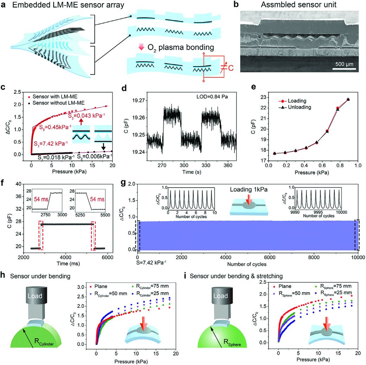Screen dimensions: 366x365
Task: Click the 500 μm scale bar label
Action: coord(344,64)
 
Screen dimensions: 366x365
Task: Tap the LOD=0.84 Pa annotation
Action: coord(212,96)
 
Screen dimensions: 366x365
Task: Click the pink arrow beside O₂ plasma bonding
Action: coord(141,47)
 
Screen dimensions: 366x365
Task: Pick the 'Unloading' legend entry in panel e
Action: coord(295,107)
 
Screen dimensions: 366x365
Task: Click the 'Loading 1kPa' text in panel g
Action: coord(248,189)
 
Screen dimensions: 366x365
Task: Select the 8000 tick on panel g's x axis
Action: coord(314,257)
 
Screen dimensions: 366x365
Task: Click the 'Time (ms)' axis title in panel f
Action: coord(68,263)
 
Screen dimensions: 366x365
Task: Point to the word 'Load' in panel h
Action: coord(35,296)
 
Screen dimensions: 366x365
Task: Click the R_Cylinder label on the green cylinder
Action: coord(44,342)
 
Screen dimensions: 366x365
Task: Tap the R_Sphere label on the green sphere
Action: coord(232,342)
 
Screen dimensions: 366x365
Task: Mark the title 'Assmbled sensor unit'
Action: coord(298,5)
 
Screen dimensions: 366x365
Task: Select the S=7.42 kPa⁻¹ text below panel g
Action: coord(151,262)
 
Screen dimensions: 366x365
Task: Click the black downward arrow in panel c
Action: coord(103,146)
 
